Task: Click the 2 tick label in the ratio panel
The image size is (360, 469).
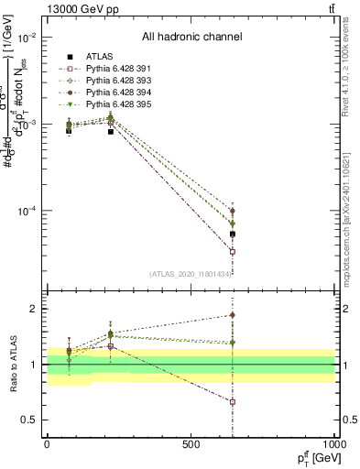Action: click(x=33, y=309)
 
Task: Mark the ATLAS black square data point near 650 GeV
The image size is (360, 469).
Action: click(x=233, y=234)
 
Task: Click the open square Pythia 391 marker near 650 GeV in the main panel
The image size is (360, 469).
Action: click(x=233, y=251)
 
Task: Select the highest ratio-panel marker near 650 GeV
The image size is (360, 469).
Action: click(x=233, y=315)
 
